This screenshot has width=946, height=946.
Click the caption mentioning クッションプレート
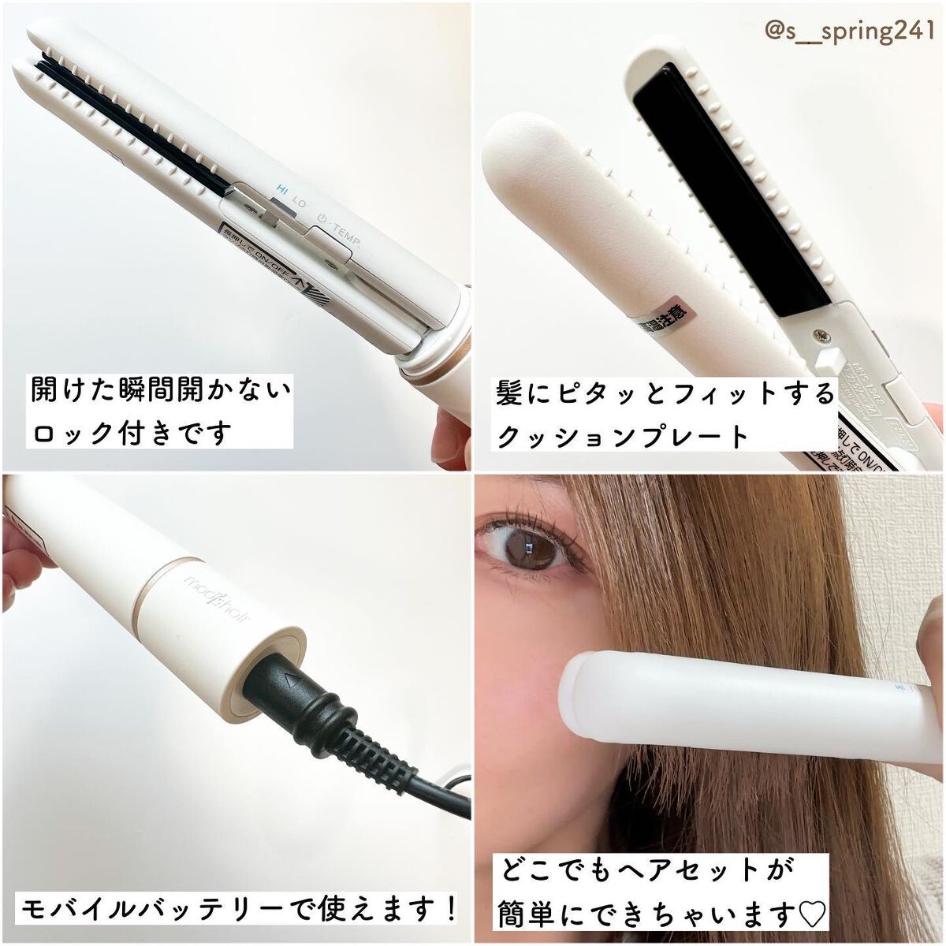(x=662, y=412)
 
